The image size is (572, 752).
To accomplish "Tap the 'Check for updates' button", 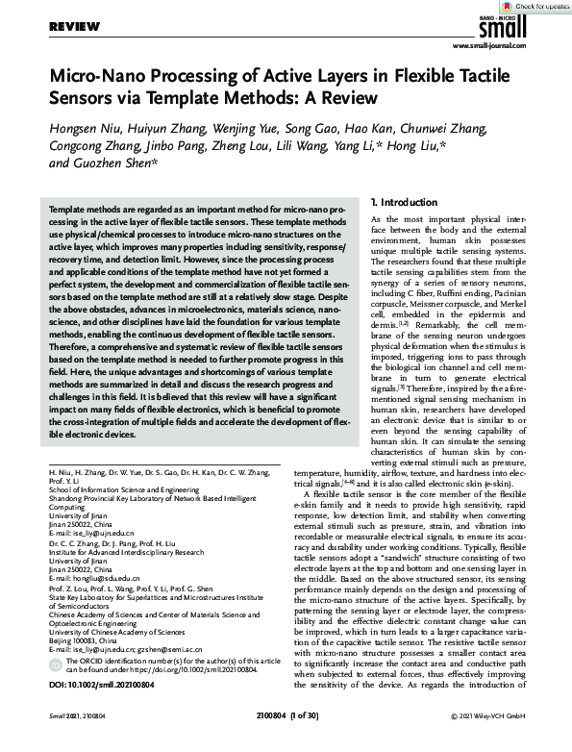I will pyautogui.click(x=538, y=7).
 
